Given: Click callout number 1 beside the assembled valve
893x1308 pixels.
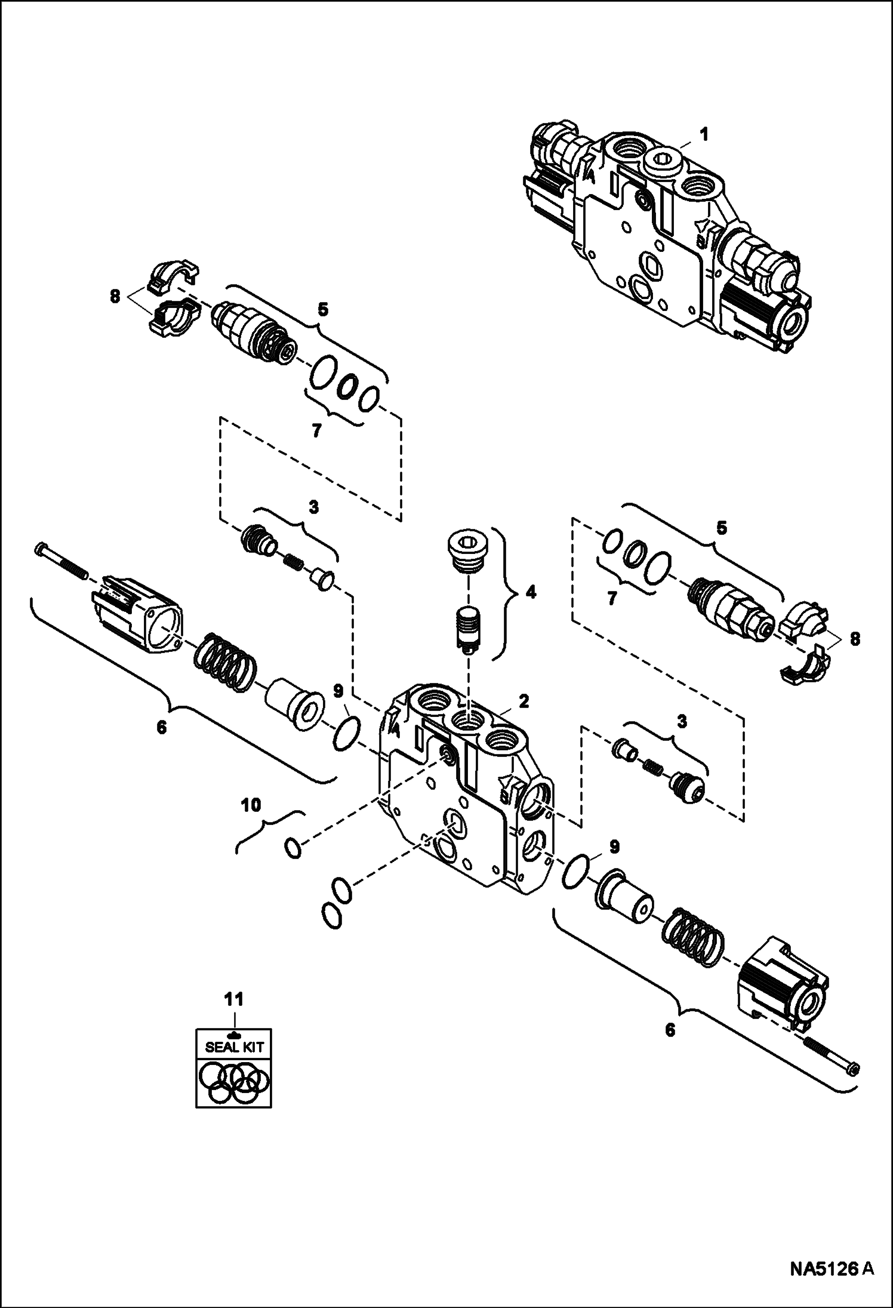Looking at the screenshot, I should pyautogui.click(x=704, y=136).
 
